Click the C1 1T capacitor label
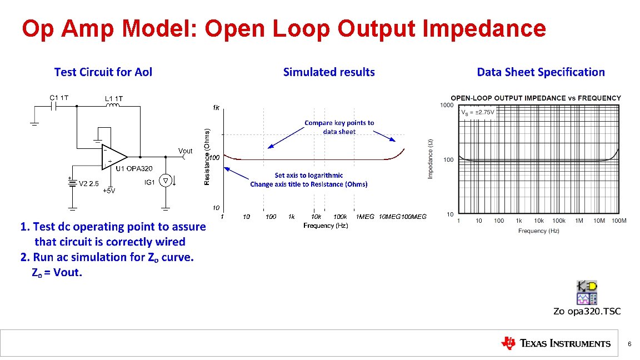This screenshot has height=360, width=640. tap(59, 98)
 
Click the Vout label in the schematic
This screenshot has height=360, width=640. tap(185, 151)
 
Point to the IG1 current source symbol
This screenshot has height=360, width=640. tap(165, 181)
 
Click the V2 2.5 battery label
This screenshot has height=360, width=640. tap(89, 183)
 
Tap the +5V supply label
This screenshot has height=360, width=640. tap(109, 191)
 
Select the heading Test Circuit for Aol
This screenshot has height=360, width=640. tap(103, 72)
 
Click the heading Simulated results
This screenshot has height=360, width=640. tap(329, 72)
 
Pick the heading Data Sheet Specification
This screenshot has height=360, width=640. tap(541, 72)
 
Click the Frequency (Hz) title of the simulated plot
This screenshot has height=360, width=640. tap(326, 226)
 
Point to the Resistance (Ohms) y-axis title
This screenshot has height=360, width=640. tap(207, 157)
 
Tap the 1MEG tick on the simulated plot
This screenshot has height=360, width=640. tap(365, 217)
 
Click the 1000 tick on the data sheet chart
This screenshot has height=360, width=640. tap(447, 105)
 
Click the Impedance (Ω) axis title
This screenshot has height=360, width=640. tap(430, 159)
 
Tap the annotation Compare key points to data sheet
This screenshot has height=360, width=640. tap(339, 127)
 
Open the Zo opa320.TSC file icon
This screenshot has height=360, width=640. tap(587, 293)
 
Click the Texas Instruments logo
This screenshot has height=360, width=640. tap(555, 343)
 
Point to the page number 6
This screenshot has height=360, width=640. tap(629, 344)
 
